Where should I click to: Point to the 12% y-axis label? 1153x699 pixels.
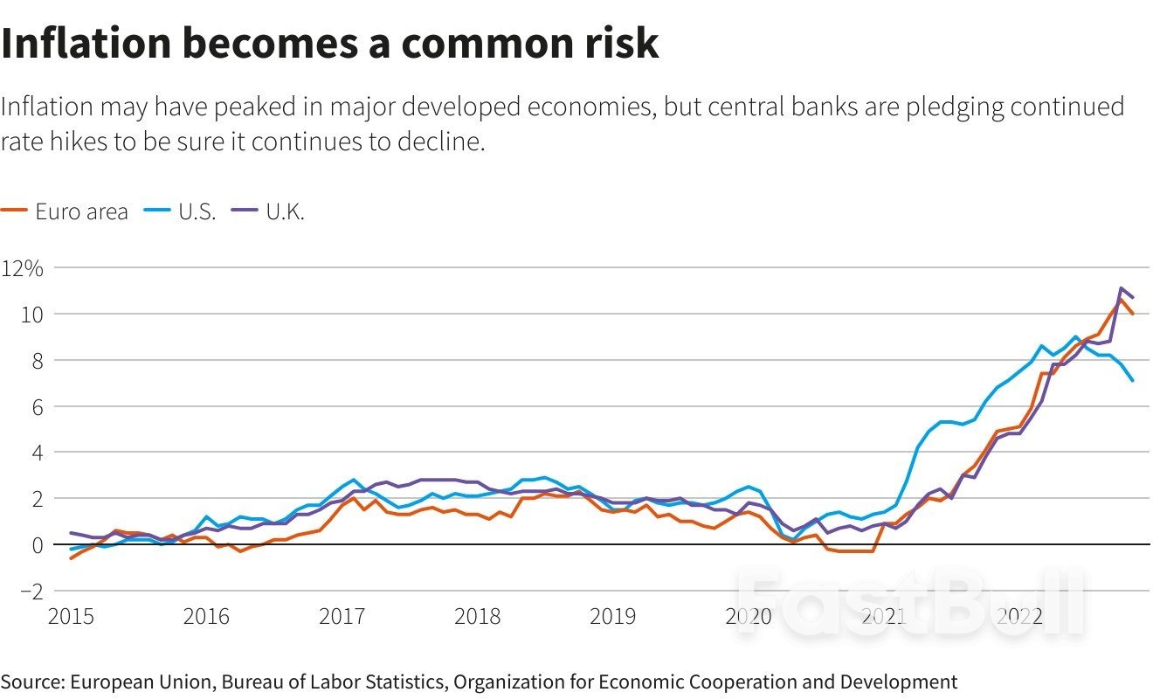tap(22, 268)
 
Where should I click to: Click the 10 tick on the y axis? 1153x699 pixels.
tap(32, 315)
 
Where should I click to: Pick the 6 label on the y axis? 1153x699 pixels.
tap(37, 407)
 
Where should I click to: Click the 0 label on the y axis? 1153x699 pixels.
tap(37, 545)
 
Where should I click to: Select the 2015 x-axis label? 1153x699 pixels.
tap(72, 617)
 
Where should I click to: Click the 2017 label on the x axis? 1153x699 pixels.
tap(342, 617)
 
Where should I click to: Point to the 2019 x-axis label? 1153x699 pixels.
tap(612, 617)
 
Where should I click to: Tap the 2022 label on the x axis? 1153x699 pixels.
tap(1018, 617)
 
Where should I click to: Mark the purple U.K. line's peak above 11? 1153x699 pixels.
tap(1121, 288)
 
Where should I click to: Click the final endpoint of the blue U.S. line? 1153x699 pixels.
tap(1133, 380)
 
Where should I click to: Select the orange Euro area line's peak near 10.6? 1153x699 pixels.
tap(1121, 300)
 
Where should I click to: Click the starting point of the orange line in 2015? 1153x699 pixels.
tap(72, 557)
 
